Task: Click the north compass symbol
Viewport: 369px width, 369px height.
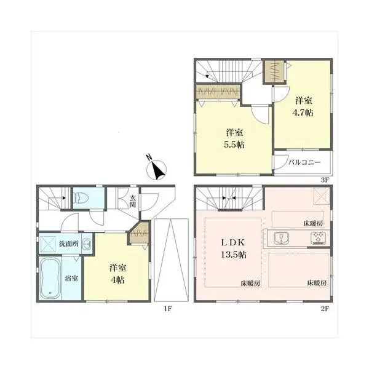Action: click(x=156, y=169)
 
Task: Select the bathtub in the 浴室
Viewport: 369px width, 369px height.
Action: click(x=50, y=278)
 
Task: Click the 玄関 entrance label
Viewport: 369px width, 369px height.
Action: click(x=132, y=202)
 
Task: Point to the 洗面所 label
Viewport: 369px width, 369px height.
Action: click(x=69, y=244)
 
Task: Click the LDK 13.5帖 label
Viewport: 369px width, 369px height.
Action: click(x=234, y=248)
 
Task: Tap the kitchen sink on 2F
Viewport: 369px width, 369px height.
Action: click(x=282, y=238)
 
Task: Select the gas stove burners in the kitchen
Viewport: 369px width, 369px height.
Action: click(x=318, y=237)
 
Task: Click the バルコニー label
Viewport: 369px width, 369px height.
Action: click(x=304, y=162)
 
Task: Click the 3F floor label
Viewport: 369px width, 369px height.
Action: click(x=325, y=180)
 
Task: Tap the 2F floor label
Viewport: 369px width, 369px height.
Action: click(x=325, y=308)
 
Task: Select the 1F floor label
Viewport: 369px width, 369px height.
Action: click(x=167, y=308)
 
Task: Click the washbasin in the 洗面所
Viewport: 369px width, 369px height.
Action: click(x=87, y=244)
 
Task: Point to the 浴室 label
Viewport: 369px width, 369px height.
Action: click(x=71, y=279)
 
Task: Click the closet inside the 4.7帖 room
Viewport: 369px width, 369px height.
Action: click(x=274, y=71)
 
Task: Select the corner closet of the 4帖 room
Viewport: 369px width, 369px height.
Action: click(x=139, y=233)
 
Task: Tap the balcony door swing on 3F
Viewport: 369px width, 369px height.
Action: click(x=282, y=162)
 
